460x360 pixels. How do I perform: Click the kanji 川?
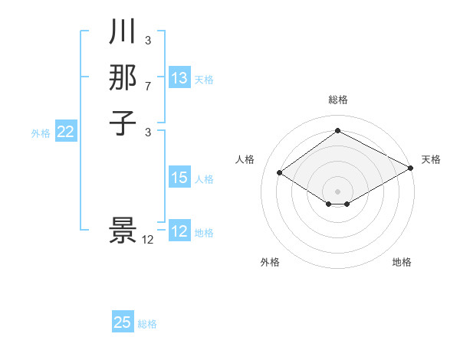(123, 32)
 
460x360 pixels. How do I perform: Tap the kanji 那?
(123, 77)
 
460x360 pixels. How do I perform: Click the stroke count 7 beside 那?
(148, 87)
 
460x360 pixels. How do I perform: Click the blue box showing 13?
(179, 78)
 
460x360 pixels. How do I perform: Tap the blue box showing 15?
(179, 178)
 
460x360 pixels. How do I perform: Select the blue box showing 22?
(66, 133)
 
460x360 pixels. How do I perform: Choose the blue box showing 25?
(123, 322)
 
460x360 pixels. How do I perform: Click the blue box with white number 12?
(179, 231)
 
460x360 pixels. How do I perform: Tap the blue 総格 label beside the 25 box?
(147, 324)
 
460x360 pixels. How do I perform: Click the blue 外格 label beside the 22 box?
(41, 133)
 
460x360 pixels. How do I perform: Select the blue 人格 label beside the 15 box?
(204, 179)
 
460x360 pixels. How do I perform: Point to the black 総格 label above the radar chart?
(338, 100)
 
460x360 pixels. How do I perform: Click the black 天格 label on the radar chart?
(431, 159)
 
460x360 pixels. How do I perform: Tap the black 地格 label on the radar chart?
(402, 262)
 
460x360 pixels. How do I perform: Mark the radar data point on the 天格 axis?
(411, 169)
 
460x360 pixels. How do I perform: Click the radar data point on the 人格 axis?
(280, 173)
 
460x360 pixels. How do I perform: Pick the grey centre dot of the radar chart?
(337, 191)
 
